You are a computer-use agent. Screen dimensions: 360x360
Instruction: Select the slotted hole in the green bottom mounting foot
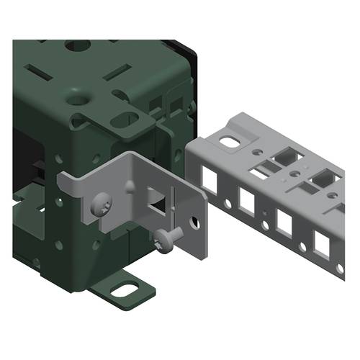pos(127,290)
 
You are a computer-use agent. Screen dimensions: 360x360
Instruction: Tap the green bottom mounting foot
pos(122,287)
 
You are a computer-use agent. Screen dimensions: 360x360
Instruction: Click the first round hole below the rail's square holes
pos(228,204)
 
